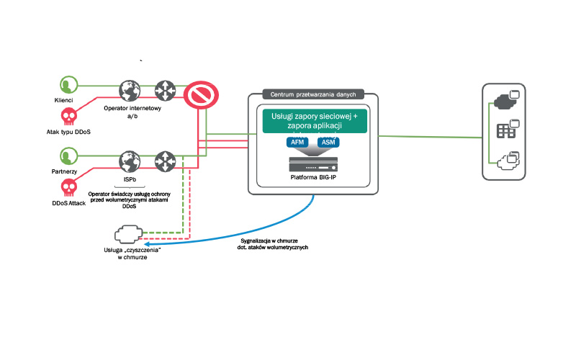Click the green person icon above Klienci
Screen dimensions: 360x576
tap(68, 84)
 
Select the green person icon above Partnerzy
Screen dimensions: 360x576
tap(68, 156)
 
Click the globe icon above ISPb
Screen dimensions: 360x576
tap(130, 160)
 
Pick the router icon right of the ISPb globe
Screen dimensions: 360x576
tap(166, 160)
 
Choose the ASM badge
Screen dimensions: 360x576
tap(328, 143)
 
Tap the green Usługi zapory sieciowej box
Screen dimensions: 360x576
tap(315, 120)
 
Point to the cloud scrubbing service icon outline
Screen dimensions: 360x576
tap(129, 235)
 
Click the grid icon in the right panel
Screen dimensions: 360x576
tap(503, 130)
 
